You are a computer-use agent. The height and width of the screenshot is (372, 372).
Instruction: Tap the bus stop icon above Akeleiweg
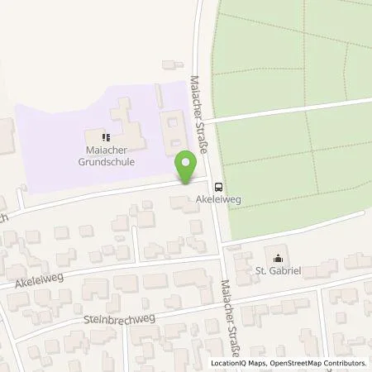(218, 186)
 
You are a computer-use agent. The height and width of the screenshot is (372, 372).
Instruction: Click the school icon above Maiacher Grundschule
(106, 136)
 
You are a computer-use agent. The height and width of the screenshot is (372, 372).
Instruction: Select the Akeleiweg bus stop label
(217, 200)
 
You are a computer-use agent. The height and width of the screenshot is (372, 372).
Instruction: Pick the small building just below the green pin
(179, 201)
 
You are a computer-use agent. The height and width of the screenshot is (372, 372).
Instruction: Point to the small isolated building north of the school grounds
(172, 64)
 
